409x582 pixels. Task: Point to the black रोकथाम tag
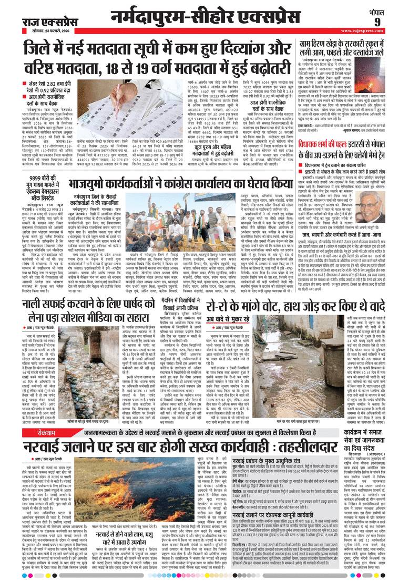[x=39, y=434]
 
